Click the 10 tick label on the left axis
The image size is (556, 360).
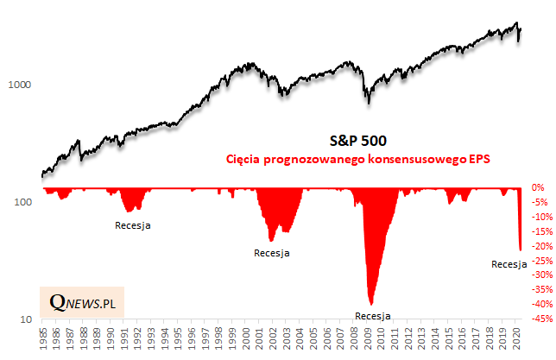(25, 319)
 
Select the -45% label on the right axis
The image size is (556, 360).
(541, 319)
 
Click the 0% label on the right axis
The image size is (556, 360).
(538, 187)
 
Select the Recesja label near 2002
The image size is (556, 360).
(271, 254)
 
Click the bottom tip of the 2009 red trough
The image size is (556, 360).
(370, 304)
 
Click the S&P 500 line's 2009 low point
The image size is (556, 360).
(369, 103)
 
